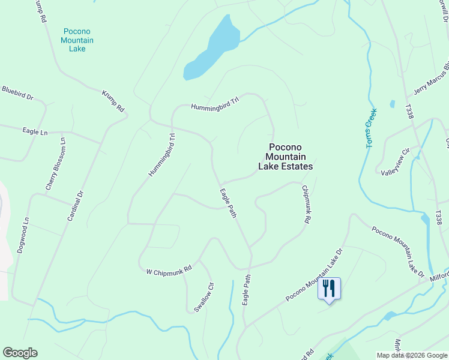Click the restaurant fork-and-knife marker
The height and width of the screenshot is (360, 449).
(328, 288)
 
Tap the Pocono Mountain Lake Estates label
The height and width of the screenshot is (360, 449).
(285, 157)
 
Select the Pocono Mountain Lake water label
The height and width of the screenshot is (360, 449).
(77, 40)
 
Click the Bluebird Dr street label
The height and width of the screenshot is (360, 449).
(17, 92)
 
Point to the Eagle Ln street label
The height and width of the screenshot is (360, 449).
(34, 131)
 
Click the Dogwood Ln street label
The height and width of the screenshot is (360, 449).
(23, 235)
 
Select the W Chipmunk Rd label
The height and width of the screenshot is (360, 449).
(169, 271)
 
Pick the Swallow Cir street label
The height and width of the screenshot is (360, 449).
(204, 297)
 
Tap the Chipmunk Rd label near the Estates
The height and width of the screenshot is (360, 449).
(306, 204)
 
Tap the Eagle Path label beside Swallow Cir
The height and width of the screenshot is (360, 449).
(246, 290)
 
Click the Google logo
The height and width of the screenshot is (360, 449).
(20, 353)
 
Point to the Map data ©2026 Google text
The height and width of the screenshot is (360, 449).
(411, 355)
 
